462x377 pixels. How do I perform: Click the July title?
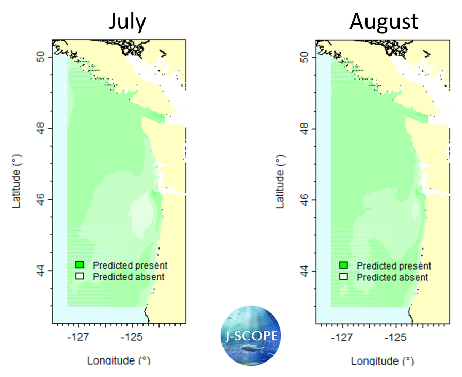tap(126, 22)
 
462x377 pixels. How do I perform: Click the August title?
tap(384, 22)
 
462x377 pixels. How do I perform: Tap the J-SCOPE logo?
tap(250, 336)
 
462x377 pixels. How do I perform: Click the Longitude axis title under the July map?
tap(119, 360)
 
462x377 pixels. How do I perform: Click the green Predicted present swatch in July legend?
tap(79, 265)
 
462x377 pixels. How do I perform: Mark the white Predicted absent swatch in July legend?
tap(79, 276)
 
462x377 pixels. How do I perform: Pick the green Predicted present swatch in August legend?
tap(343, 265)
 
